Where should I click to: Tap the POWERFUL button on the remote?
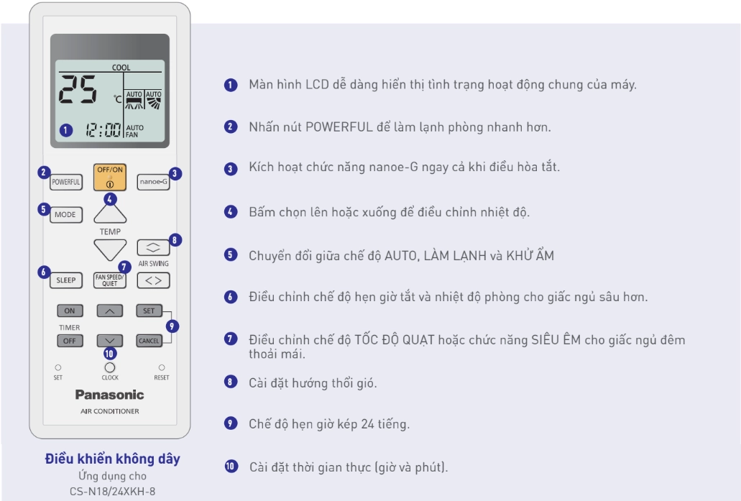pos(66,182)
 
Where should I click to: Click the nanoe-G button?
pos(153,182)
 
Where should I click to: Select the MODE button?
pos(65,215)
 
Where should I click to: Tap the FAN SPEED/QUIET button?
pos(110,280)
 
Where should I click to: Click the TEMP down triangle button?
pos(110,249)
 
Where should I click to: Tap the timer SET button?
pos(149,311)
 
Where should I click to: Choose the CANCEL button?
pos(149,341)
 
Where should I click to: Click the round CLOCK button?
pos(110,367)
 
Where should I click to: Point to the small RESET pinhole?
pos(162,367)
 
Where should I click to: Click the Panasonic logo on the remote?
pos(110,395)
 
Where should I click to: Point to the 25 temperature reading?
pos(78,89)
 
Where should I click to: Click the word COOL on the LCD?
pos(121,68)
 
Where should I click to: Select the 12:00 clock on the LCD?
pos(103,129)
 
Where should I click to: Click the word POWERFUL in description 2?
pos(339,127)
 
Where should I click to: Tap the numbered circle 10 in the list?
pos(231,466)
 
